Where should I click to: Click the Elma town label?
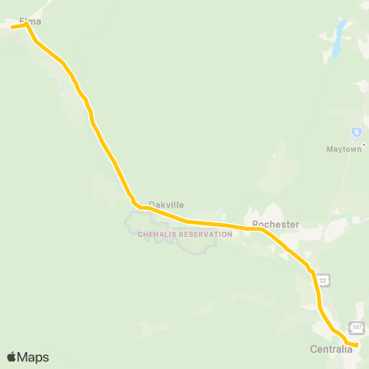pyautogui.click(x=29, y=22)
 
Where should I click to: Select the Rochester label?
pyautogui.click(x=274, y=224)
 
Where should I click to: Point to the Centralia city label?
pyautogui.click(x=331, y=350)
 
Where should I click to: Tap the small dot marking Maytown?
pyautogui.click(x=364, y=144)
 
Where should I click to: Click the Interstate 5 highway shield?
pyautogui.click(x=356, y=131)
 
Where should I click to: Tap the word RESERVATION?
pyautogui.click(x=204, y=234)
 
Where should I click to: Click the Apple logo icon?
pyautogui.click(x=12, y=357)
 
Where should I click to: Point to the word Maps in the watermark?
pyautogui.click(x=33, y=357)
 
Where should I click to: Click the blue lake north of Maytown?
pyautogui.click(x=337, y=42)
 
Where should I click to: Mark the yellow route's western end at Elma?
pyautogui.click(x=12, y=27)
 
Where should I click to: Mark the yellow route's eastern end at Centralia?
pyautogui.click(x=357, y=345)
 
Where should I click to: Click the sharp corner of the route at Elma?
pyautogui.click(x=26, y=25)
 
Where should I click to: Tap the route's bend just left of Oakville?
pyautogui.click(x=138, y=206)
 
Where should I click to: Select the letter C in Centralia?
pyautogui.click(x=313, y=350)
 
